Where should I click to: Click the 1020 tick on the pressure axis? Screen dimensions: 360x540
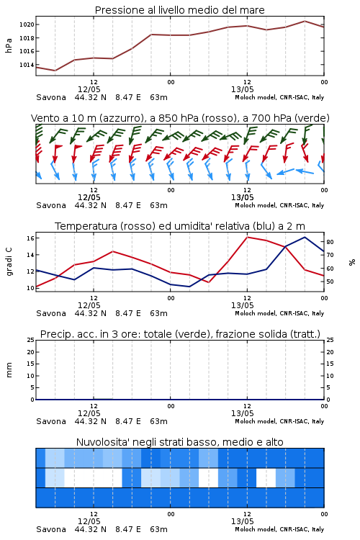click(x=27, y=24)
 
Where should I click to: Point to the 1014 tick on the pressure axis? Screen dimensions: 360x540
click(x=27, y=65)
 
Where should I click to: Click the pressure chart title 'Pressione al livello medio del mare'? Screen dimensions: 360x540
click(x=180, y=10)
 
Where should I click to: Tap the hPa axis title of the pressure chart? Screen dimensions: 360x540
click(x=9, y=45)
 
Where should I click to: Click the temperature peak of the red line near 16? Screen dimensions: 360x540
click(x=248, y=237)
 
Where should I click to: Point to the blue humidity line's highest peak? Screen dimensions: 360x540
click(x=305, y=237)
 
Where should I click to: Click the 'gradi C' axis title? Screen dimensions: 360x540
click(x=9, y=261)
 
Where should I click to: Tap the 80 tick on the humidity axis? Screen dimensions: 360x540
click(x=330, y=242)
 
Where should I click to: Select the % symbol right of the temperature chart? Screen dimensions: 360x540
click(x=352, y=262)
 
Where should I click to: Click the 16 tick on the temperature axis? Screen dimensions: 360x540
click(x=30, y=238)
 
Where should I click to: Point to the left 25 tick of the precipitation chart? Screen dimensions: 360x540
click(x=30, y=340)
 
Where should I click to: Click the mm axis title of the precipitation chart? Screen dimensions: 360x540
click(x=9, y=369)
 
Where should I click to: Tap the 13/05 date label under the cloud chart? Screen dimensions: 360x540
click(x=243, y=521)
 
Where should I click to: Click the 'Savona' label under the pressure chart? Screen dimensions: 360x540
click(x=51, y=97)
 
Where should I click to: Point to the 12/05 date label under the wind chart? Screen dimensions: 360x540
click(x=89, y=198)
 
